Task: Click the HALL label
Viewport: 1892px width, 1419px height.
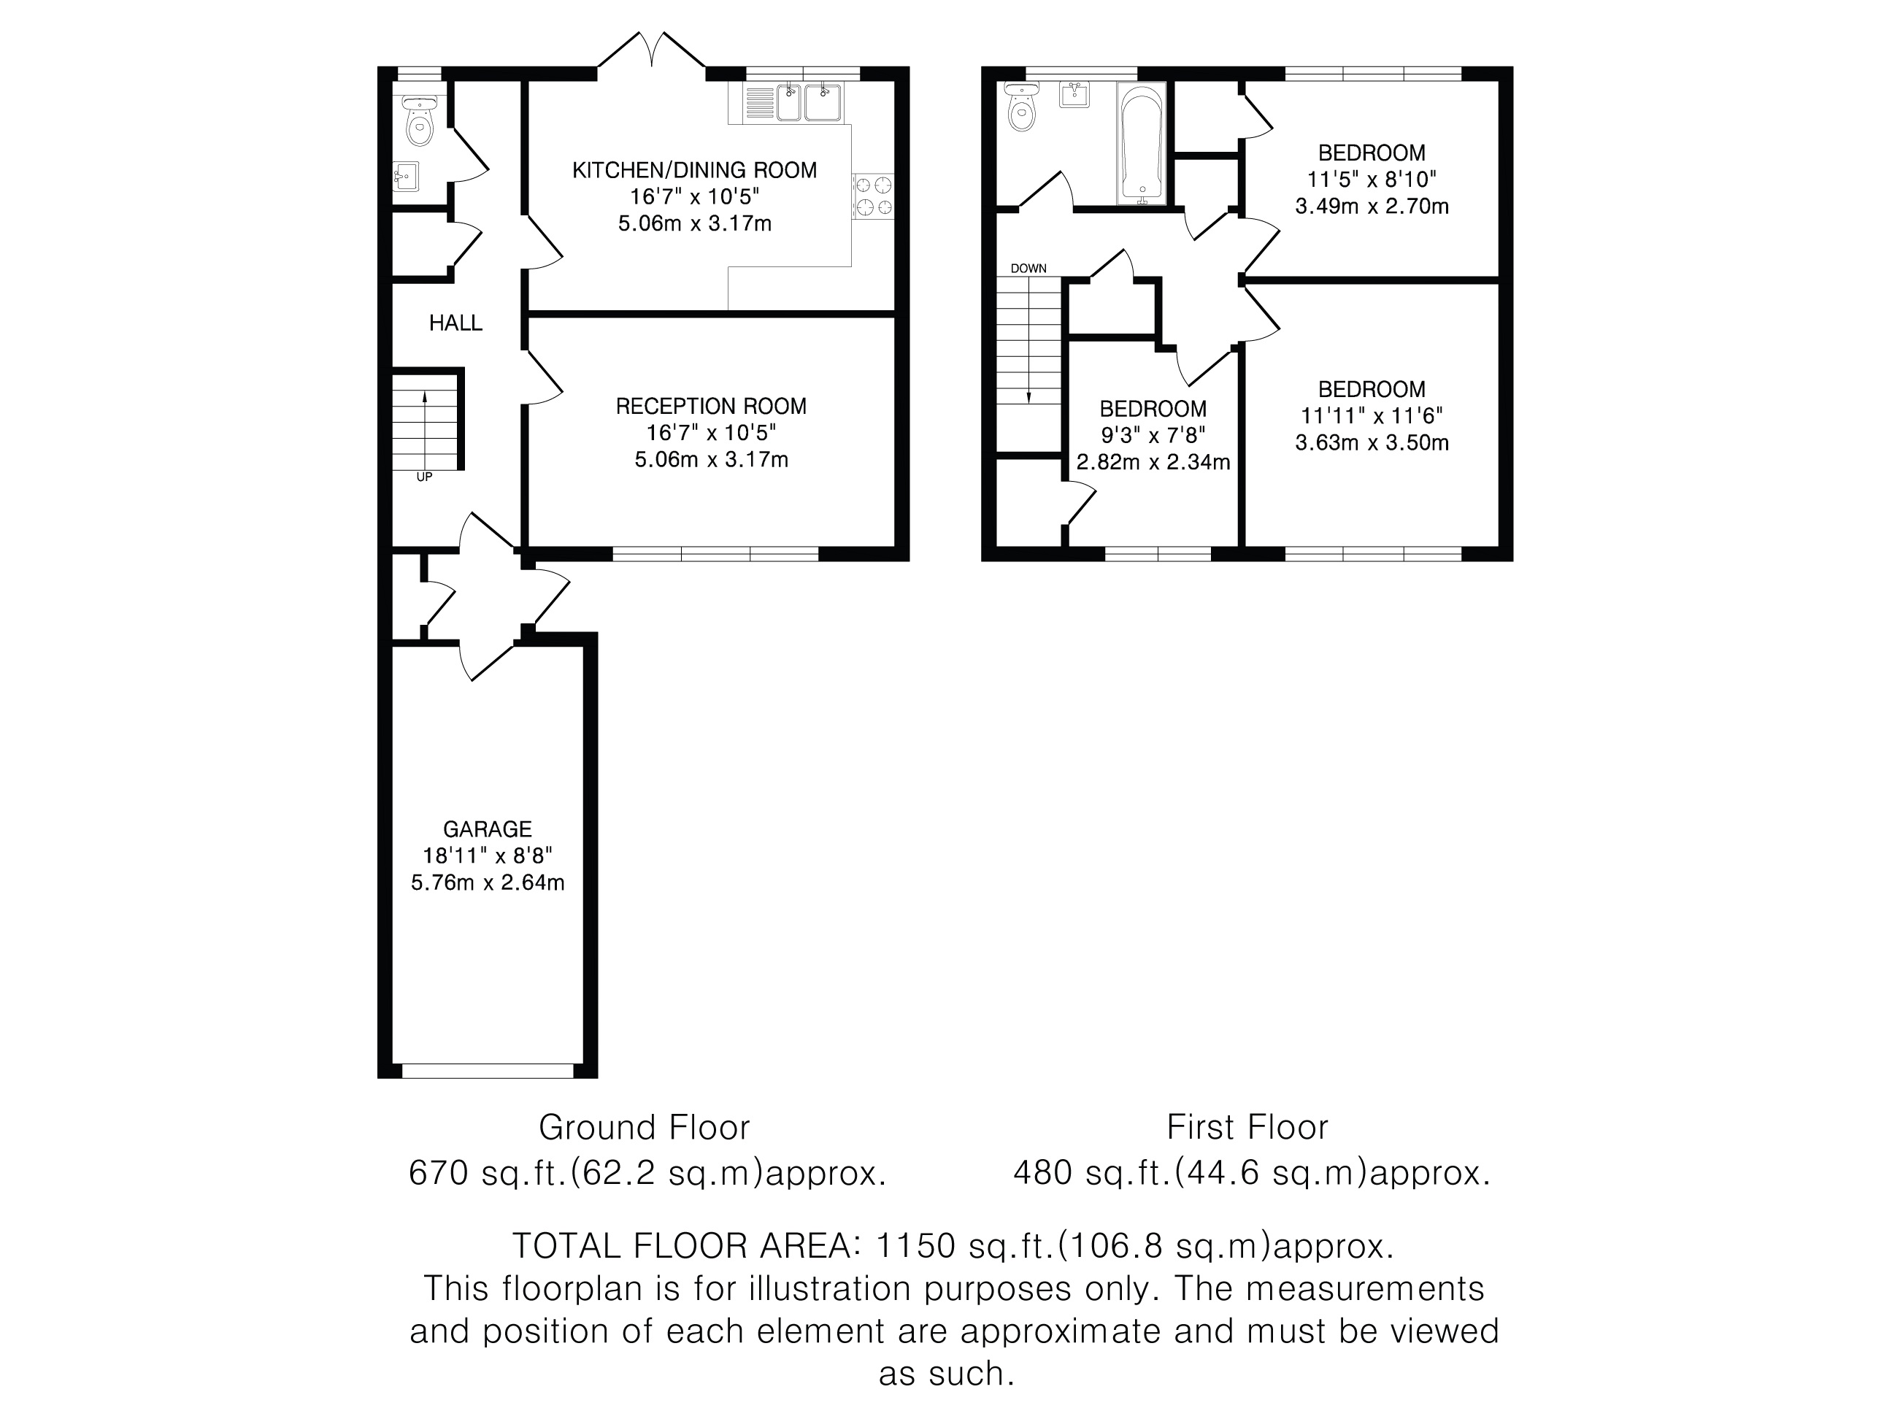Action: (x=456, y=323)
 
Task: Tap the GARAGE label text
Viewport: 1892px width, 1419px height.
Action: (x=488, y=828)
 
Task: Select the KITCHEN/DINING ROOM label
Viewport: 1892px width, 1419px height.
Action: (x=694, y=170)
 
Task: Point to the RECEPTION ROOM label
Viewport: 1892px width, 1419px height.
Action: (x=711, y=407)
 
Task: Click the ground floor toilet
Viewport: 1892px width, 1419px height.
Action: (x=419, y=119)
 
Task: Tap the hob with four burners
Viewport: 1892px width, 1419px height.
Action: (x=873, y=195)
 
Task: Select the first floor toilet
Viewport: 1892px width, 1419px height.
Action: (x=1021, y=108)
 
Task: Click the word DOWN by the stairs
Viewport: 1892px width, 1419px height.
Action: (x=1028, y=269)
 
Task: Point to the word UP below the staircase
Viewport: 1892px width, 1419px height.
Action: (x=424, y=477)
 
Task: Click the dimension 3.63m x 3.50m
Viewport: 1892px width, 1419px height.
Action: (x=1372, y=443)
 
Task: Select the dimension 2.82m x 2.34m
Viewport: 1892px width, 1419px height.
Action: (x=1153, y=463)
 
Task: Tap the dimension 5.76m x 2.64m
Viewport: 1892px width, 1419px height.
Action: (x=488, y=882)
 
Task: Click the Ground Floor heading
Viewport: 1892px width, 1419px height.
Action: (x=644, y=1127)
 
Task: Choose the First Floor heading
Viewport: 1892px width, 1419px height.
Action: (x=1247, y=1127)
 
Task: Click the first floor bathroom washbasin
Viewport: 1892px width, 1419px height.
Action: (x=1074, y=94)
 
